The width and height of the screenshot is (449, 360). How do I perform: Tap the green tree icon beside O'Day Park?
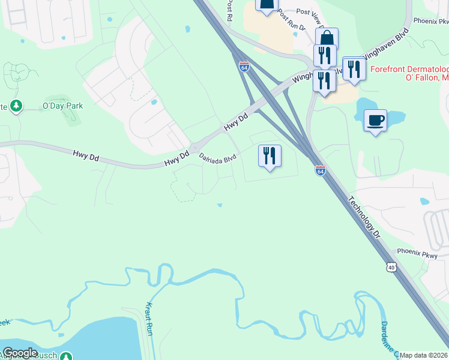(16, 106)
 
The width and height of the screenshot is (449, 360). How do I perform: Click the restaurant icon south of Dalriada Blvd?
(270, 156)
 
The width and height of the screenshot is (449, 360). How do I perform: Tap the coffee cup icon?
(375, 121)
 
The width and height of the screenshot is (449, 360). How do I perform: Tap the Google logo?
(20, 353)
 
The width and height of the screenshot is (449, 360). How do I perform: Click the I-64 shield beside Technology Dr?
(320, 171)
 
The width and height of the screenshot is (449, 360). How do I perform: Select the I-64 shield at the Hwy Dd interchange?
(244, 67)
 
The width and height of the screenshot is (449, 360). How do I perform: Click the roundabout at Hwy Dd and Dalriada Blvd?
(195, 148)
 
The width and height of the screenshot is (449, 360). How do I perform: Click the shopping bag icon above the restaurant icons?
(327, 38)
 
